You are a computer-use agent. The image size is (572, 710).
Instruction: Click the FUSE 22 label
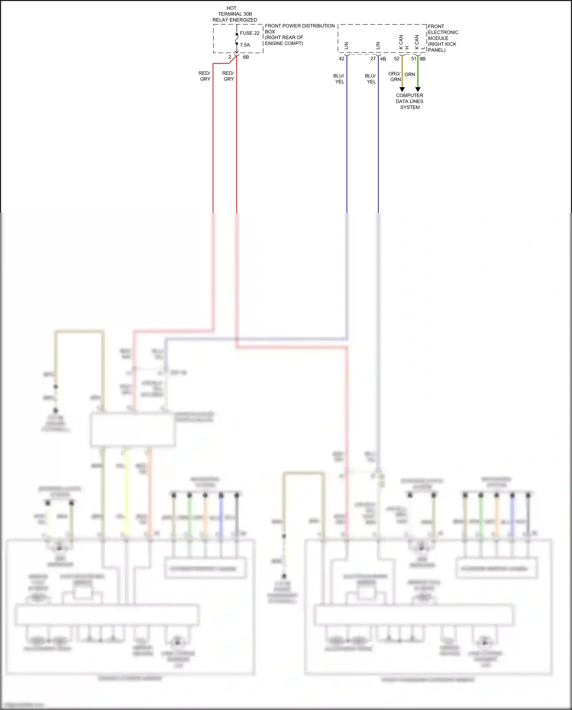249,33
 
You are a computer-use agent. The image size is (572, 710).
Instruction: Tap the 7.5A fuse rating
245,45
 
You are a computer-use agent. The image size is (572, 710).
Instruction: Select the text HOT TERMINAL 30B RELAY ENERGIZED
235,14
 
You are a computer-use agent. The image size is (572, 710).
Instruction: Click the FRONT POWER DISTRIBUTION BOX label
299,34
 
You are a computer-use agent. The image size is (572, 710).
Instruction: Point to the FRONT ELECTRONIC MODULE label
443,38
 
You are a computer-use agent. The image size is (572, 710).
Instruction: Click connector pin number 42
342,59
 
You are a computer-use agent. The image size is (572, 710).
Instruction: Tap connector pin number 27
373,59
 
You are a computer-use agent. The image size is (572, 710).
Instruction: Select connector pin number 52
397,59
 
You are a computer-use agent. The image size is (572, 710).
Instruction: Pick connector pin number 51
414,59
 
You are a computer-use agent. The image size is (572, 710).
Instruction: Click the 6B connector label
246,57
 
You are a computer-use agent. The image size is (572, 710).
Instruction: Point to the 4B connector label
383,59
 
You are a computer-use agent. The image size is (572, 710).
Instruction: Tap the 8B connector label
423,59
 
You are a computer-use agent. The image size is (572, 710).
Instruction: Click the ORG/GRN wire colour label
395,77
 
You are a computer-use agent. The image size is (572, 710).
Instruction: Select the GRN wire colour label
410,74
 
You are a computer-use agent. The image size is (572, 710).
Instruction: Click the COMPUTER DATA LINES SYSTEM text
410,101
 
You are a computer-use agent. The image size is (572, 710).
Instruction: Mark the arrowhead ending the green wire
418,89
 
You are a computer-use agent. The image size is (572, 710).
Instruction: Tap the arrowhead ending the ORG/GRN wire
402,89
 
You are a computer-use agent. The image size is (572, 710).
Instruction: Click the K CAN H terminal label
403,42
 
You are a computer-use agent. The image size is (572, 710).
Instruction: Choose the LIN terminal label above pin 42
347,45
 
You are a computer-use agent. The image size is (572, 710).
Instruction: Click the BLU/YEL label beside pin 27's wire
371,79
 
